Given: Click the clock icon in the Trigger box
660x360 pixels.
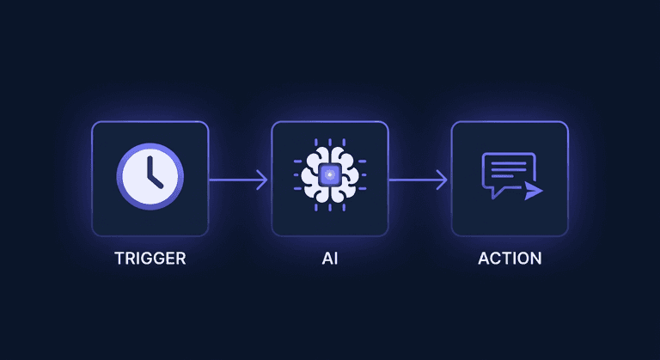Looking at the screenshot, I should click(x=150, y=177).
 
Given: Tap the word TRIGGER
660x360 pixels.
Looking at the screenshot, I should click(x=150, y=258).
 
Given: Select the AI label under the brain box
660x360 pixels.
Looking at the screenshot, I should click(x=330, y=258).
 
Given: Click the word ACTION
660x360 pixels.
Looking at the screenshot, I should click(x=510, y=258).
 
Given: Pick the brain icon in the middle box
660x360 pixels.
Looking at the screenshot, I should click(x=330, y=177).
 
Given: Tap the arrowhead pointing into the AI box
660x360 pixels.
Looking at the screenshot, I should click(x=262, y=180).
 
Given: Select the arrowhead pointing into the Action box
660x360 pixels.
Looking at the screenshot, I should click(x=442, y=180).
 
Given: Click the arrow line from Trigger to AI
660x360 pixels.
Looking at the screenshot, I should click(x=234, y=180).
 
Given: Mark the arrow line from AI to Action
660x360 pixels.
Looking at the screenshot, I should click(x=414, y=180).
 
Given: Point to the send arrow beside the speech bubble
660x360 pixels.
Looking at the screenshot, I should click(x=534, y=190).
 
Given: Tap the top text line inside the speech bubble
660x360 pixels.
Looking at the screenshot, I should click(x=507, y=162).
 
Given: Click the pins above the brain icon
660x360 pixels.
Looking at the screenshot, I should click(x=330, y=143).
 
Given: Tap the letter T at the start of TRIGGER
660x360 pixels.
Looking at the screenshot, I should click(x=119, y=258).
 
